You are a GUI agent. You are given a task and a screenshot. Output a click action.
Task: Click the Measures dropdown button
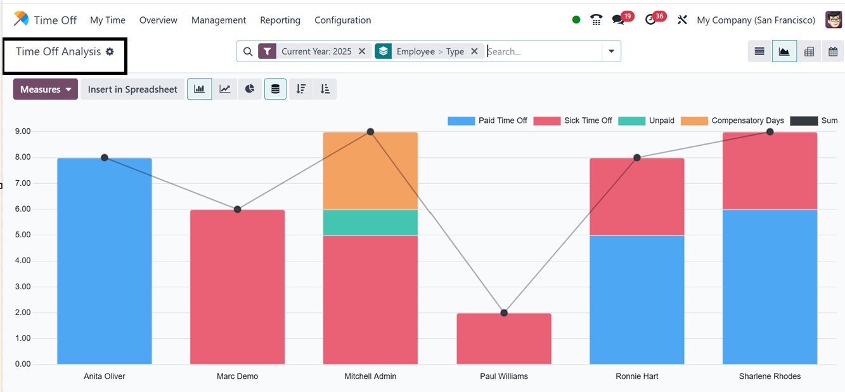(45, 89)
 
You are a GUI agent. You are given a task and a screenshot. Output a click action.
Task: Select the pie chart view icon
(250, 89)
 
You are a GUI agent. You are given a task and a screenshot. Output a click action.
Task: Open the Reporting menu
(280, 20)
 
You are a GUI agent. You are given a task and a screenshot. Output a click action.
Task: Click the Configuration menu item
(342, 20)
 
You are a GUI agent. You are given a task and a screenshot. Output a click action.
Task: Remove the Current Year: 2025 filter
(362, 51)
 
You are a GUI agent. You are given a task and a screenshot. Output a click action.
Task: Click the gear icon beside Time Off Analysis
(110, 51)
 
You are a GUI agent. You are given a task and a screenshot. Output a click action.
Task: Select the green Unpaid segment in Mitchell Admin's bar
(370, 223)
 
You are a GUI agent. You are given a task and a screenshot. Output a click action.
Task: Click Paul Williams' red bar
(504, 339)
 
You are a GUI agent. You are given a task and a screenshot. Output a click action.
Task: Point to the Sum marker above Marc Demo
(237, 209)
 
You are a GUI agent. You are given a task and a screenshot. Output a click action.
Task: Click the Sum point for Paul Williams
(504, 313)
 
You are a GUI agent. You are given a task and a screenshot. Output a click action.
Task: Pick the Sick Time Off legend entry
(588, 121)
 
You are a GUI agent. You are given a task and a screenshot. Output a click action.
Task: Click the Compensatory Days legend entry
(747, 121)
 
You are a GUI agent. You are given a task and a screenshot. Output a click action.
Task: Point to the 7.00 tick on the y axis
(23, 183)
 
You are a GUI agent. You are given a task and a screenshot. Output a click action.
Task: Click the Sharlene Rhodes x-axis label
(770, 376)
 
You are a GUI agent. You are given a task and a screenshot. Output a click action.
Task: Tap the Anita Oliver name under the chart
(105, 376)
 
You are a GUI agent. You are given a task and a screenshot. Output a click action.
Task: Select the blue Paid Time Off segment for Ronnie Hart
(636, 299)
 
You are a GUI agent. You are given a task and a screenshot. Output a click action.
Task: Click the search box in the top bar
(542, 51)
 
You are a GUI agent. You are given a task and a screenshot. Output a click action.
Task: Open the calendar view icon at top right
(833, 52)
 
